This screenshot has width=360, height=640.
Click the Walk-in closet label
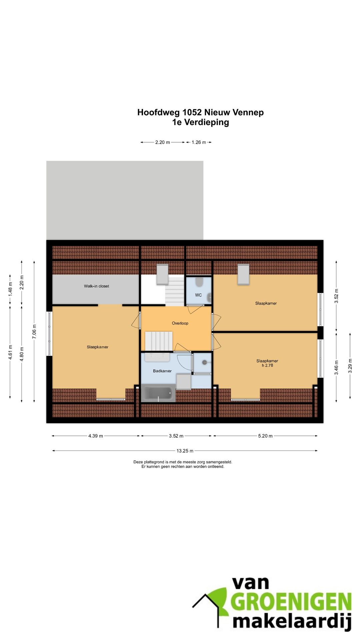[x=96, y=286]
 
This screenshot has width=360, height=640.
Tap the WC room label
[x=198, y=295]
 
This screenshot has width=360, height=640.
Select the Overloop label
[x=180, y=323]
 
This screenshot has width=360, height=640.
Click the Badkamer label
[x=162, y=371]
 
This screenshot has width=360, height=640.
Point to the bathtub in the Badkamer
[x=158, y=393]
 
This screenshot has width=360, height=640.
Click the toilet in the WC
[x=199, y=282]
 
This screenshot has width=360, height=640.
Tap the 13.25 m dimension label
[x=185, y=451]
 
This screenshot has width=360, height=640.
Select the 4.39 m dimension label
[x=96, y=436]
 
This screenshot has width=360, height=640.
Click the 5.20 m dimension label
[x=265, y=436]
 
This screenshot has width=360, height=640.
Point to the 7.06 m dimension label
[x=34, y=332]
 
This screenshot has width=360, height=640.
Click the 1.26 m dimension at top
[x=199, y=142]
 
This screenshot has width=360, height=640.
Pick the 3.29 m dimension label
[x=350, y=366]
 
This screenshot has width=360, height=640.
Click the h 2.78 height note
[x=267, y=365]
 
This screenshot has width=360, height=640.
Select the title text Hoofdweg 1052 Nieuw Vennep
[x=200, y=112]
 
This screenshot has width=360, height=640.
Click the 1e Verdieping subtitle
[x=200, y=122]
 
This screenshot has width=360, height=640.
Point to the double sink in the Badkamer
[x=157, y=357]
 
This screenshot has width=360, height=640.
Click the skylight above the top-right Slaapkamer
[x=243, y=274]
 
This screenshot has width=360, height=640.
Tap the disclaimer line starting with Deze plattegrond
[x=183, y=462]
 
